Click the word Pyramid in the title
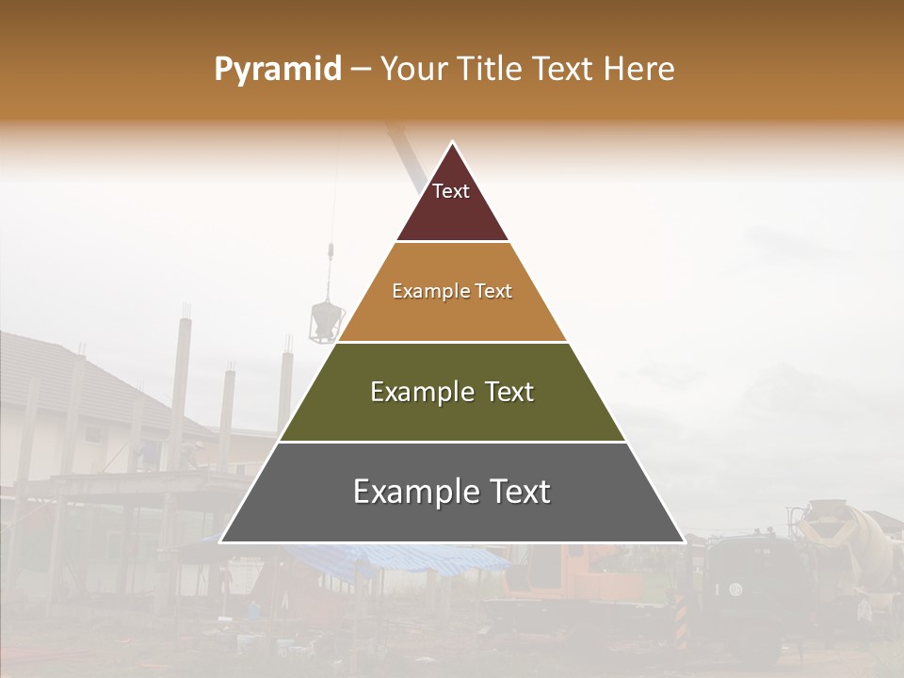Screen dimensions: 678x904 (x=278, y=69)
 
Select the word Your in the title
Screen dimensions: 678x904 (x=412, y=69)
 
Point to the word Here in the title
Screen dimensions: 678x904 (x=639, y=69)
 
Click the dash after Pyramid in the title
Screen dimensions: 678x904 (x=360, y=70)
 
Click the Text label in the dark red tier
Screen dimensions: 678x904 (x=451, y=191)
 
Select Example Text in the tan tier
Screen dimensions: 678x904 (x=452, y=291)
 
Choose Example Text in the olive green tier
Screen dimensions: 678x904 (x=452, y=392)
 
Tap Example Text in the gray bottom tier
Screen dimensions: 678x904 (x=452, y=492)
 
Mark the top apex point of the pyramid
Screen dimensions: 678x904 (x=452, y=141)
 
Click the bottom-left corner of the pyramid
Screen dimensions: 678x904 (x=220, y=542)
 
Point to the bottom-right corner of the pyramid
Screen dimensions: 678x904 (x=684, y=542)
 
